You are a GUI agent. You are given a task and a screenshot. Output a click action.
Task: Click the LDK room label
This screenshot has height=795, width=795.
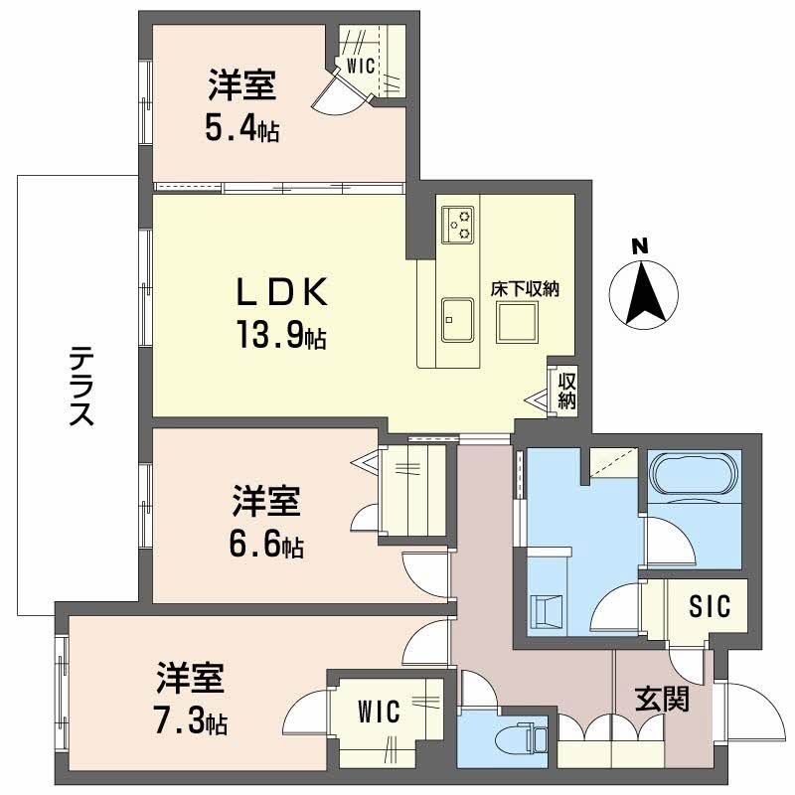[280, 294]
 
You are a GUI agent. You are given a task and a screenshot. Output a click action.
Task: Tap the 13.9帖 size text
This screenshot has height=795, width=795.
[281, 337]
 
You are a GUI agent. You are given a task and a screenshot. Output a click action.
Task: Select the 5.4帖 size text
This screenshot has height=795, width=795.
[241, 126]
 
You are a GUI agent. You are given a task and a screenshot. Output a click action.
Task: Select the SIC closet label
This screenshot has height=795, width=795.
[709, 605]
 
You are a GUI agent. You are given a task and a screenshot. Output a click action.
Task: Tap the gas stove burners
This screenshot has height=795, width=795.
[459, 224]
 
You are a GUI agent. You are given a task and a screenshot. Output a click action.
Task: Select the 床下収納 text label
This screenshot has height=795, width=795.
[525, 289]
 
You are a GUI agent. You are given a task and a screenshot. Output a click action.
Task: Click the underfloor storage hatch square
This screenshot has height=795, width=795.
[518, 320]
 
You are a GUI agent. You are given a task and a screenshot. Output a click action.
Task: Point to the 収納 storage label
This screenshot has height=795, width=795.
[566, 391]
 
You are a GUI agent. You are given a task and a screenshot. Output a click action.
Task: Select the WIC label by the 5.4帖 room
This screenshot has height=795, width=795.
[358, 68]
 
